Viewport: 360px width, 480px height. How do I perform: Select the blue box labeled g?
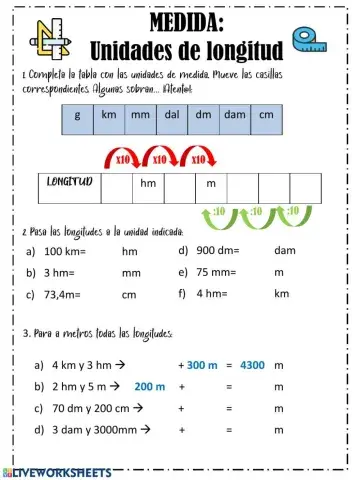tap(77, 115)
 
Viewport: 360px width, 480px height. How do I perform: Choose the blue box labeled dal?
tap(171, 115)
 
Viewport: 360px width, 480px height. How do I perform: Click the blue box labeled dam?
tap(234, 115)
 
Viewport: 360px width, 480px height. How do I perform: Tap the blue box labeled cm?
tap(265, 115)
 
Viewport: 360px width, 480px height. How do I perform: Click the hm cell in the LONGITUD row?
tap(148, 184)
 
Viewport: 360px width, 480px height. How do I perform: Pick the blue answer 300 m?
tap(201, 365)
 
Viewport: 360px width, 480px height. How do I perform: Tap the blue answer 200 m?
tap(149, 386)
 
